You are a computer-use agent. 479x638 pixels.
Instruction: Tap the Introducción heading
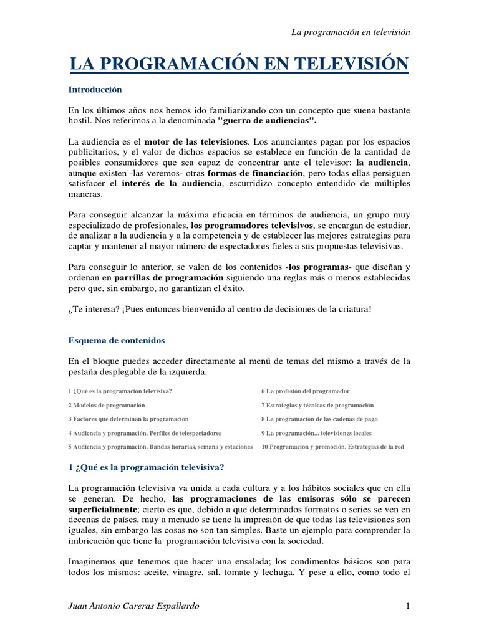(95, 90)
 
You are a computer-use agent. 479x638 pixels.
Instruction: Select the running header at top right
(351, 32)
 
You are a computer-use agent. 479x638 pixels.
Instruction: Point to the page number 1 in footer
(407, 606)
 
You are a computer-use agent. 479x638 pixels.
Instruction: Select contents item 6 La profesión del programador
(306, 391)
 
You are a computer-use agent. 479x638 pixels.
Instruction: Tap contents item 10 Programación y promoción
(332, 447)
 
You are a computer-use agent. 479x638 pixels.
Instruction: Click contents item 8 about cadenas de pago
(319, 419)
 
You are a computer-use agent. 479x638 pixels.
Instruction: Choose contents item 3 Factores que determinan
(128, 419)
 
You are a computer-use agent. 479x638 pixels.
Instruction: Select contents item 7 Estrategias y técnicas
(317, 405)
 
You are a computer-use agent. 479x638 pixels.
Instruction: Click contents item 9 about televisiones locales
(316, 433)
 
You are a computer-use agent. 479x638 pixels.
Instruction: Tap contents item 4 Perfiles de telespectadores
(145, 433)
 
